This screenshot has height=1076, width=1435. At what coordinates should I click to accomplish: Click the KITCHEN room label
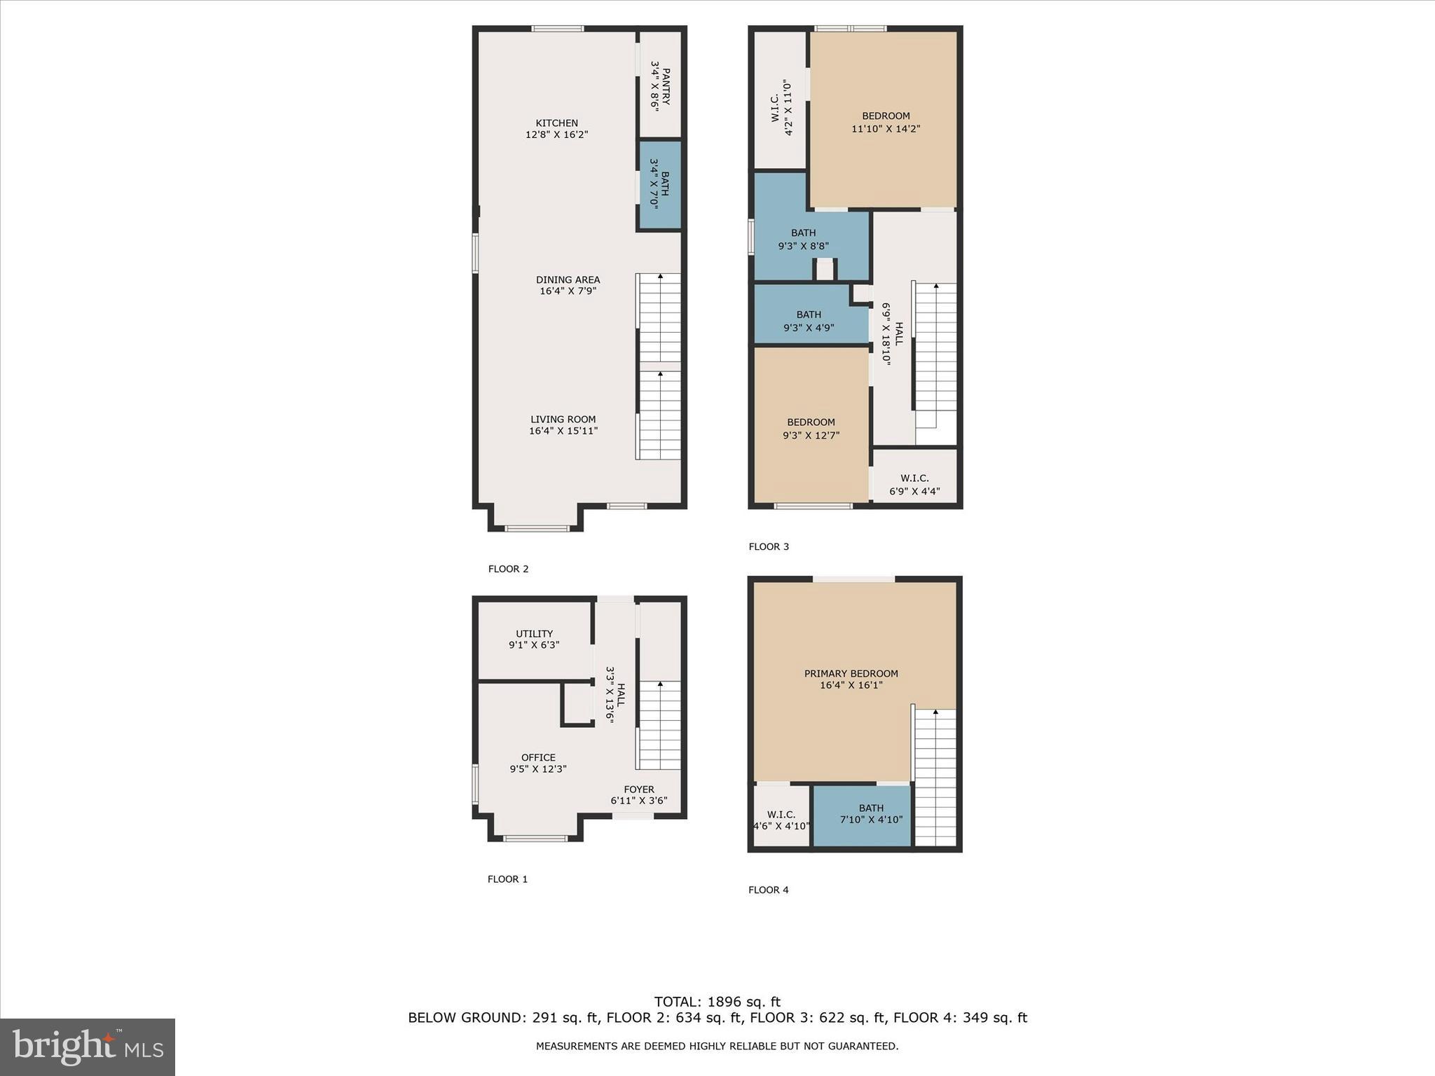pyautogui.click(x=557, y=123)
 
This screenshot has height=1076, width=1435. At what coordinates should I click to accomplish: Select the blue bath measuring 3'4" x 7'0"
pyautogui.click(x=659, y=186)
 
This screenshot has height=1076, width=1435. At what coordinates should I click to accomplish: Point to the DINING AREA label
pyautogui.click(x=568, y=280)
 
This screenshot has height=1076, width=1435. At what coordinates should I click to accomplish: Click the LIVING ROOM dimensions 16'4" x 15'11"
pyautogui.click(x=563, y=431)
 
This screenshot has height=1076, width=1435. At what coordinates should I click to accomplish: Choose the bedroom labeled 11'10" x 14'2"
pyautogui.click(x=886, y=122)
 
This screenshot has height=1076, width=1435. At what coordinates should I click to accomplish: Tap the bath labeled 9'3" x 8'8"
pyautogui.click(x=803, y=239)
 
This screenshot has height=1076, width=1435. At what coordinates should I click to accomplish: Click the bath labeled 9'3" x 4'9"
pyautogui.click(x=808, y=320)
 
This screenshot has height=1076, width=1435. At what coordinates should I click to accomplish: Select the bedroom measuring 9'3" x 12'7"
pyautogui.click(x=811, y=428)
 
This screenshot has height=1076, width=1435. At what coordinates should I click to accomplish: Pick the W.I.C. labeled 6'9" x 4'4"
pyautogui.click(x=914, y=485)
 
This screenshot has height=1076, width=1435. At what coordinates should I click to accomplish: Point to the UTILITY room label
pyautogui.click(x=534, y=633)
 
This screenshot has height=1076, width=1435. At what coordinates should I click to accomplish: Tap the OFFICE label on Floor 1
pyautogui.click(x=538, y=757)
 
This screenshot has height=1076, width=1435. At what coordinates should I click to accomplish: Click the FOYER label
pyautogui.click(x=638, y=789)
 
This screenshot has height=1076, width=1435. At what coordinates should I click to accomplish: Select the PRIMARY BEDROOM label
pyautogui.click(x=851, y=673)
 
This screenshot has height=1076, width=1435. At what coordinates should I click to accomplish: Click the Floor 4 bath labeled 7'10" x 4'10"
pyautogui.click(x=871, y=813)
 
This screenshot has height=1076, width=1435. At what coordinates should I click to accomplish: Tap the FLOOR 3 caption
pyautogui.click(x=769, y=546)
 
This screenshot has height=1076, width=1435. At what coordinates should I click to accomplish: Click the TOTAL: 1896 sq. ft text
pyautogui.click(x=717, y=1002)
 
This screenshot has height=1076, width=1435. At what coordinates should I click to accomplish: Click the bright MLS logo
pyautogui.click(x=88, y=1047)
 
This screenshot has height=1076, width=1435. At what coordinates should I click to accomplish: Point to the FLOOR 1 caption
pyautogui.click(x=507, y=879)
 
